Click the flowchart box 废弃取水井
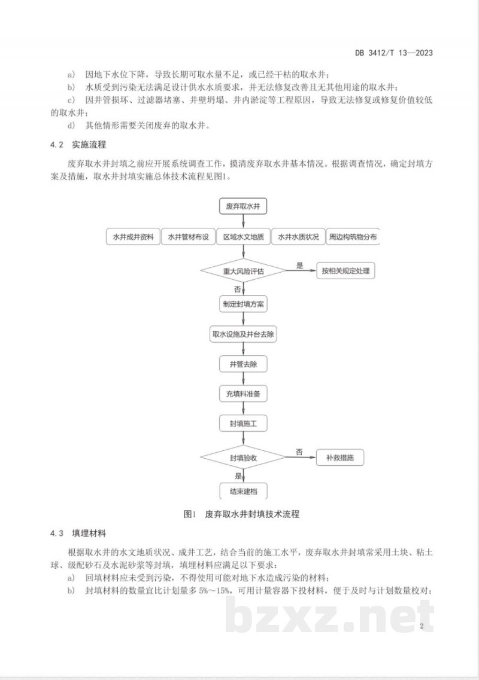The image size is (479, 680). [x=242, y=206]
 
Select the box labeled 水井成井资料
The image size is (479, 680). [x=134, y=237]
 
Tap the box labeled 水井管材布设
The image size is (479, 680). [x=189, y=237]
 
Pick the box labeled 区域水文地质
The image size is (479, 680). [x=243, y=237]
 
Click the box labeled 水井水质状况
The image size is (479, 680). [x=298, y=237]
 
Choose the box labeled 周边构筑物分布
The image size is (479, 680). [x=353, y=237]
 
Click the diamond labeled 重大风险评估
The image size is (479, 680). [x=243, y=271]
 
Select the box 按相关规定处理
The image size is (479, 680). [x=345, y=271]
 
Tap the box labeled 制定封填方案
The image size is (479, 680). [x=243, y=304]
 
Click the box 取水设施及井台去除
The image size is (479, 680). [x=243, y=334]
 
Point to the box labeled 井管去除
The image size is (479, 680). [x=243, y=364]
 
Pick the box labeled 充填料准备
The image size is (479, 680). [x=243, y=394]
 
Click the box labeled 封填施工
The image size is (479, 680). [x=243, y=423]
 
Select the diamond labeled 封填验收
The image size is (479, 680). [x=243, y=458]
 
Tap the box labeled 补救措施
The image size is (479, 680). [x=340, y=458]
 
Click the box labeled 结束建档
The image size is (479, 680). [x=243, y=491]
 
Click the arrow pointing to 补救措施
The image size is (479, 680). [x=301, y=458]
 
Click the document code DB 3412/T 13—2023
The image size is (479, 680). [x=394, y=53]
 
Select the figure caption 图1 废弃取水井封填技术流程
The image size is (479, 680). [x=241, y=514]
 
